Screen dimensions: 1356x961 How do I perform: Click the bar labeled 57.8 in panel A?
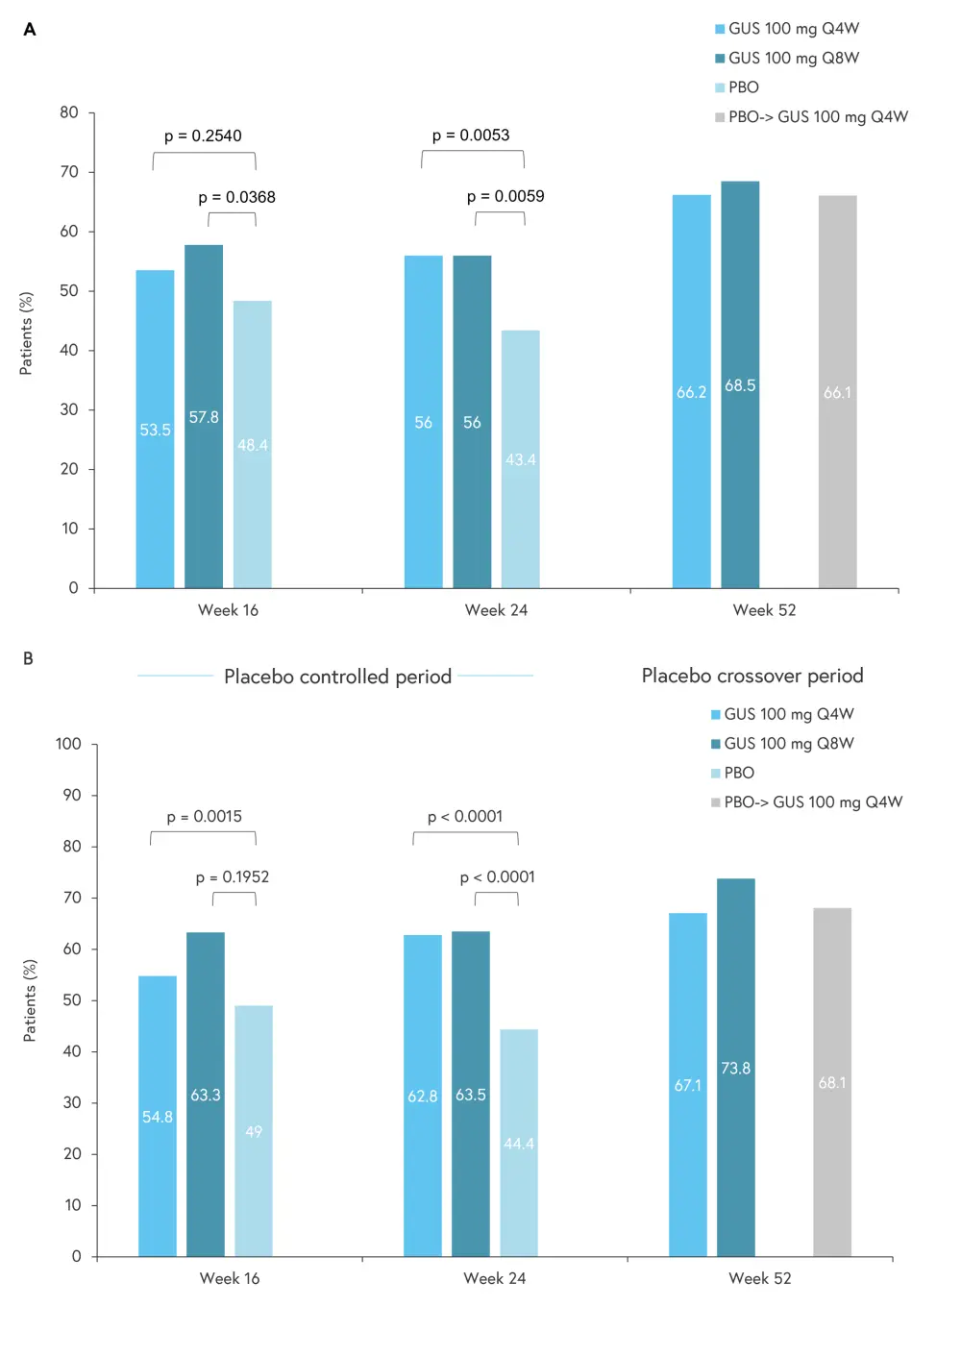[204, 416]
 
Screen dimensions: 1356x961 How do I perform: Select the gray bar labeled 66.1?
[837, 391]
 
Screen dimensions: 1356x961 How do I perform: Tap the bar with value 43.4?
[520, 458]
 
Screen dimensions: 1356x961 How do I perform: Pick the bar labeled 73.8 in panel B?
[735, 1067]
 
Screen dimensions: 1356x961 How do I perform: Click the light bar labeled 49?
[254, 1130]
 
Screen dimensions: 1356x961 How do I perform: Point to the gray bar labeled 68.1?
[832, 1082]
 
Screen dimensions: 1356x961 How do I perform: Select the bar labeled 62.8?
[423, 1095]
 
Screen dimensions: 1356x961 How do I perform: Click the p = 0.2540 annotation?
[203, 136]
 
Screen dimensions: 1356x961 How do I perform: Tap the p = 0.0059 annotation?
[505, 196]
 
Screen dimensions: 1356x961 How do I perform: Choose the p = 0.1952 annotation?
[233, 876]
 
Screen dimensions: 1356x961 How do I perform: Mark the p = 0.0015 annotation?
[204, 816]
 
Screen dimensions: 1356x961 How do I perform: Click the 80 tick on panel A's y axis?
[69, 112]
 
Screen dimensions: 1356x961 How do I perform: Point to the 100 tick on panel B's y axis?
[68, 743]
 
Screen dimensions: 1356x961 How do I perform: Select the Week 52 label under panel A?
[764, 610]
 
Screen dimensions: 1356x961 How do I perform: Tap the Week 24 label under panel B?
[494, 1278]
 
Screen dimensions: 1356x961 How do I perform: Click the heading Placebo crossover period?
[752, 676]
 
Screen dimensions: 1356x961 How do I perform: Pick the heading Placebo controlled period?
[337, 677]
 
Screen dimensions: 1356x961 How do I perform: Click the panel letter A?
[30, 30]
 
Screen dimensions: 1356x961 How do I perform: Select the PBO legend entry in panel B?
[738, 773]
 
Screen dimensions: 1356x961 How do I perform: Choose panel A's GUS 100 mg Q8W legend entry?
[793, 58]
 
